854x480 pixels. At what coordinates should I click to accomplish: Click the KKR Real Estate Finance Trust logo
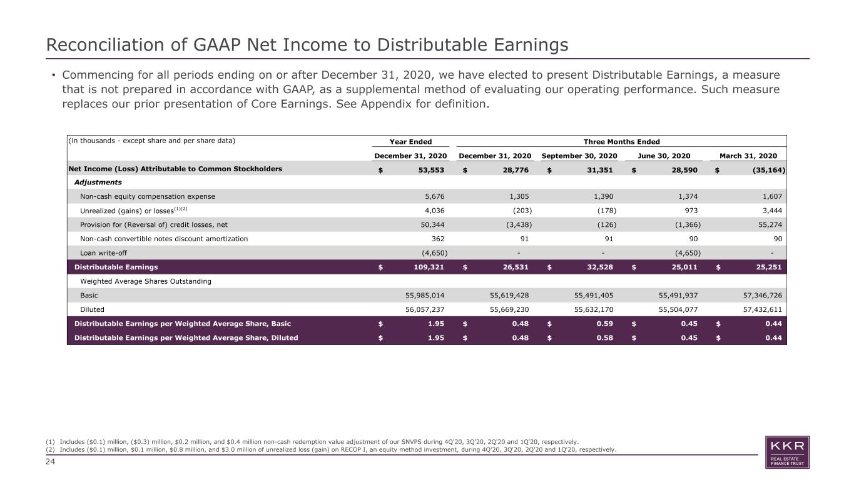[787, 452]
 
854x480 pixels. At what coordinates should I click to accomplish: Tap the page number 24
[50, 462]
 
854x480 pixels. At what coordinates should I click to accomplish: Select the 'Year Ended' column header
[410, 142]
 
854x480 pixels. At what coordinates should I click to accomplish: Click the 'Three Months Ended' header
[621, 142]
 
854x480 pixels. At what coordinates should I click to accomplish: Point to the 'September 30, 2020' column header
[579, 156]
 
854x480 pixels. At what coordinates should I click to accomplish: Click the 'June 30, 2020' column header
[664, 156]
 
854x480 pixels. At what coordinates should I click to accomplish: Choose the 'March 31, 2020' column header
[748, 156]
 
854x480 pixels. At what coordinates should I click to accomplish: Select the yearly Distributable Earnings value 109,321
[429, 267]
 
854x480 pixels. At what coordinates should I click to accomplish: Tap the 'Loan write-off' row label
[103, 253]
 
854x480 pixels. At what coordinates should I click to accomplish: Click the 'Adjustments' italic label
[98, 182]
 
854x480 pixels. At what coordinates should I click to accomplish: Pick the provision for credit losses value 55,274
[770, 225]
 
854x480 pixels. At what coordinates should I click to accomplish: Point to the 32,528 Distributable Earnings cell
[600, 267]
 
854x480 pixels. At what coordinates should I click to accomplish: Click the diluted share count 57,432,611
[763, 310]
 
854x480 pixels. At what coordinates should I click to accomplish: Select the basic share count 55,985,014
[425, 295]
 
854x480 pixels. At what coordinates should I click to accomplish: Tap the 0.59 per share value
[604, 324]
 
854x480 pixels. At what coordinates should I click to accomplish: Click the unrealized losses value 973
[691, 211]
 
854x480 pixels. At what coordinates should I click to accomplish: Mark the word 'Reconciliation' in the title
[106, 44]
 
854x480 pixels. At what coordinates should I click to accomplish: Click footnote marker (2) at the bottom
[50, 449]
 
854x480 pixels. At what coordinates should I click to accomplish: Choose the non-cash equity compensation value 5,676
[435, 197]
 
